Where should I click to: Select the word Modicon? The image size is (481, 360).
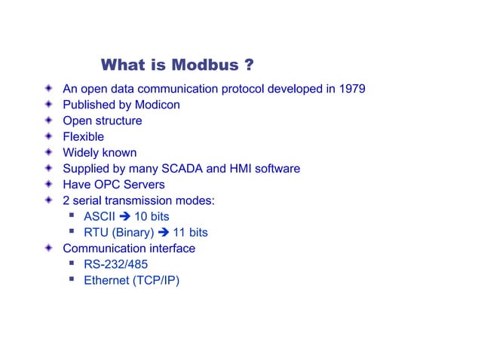click(x=157, y=105)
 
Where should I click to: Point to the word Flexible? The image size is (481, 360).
click(x=83, y=136)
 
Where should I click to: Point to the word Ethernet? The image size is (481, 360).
click(x=106, y=281)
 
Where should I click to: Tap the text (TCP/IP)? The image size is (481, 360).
click(x=156, y=281)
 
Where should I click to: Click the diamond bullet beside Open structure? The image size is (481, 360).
click(x=49, y=121)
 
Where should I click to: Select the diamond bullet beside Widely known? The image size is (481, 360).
click(x=49, y=153)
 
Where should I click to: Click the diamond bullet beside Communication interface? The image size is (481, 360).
click(x=49, y=249)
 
